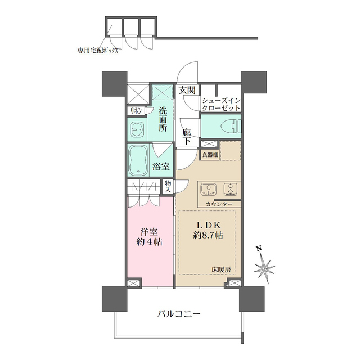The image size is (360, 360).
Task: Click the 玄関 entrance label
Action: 187,90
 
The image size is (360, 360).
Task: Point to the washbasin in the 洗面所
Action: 137,129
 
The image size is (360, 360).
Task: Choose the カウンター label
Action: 219,204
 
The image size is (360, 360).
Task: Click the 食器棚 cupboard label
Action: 210,155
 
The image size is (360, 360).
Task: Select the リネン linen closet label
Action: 136,111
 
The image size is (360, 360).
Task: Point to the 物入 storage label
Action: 168,187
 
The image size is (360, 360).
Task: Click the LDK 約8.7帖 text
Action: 208,230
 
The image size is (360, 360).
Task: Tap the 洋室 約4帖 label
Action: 149,237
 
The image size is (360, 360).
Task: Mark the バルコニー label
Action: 179,313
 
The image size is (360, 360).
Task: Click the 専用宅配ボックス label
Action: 97,51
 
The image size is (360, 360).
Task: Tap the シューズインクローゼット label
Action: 221,104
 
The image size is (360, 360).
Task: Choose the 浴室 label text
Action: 161,166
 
